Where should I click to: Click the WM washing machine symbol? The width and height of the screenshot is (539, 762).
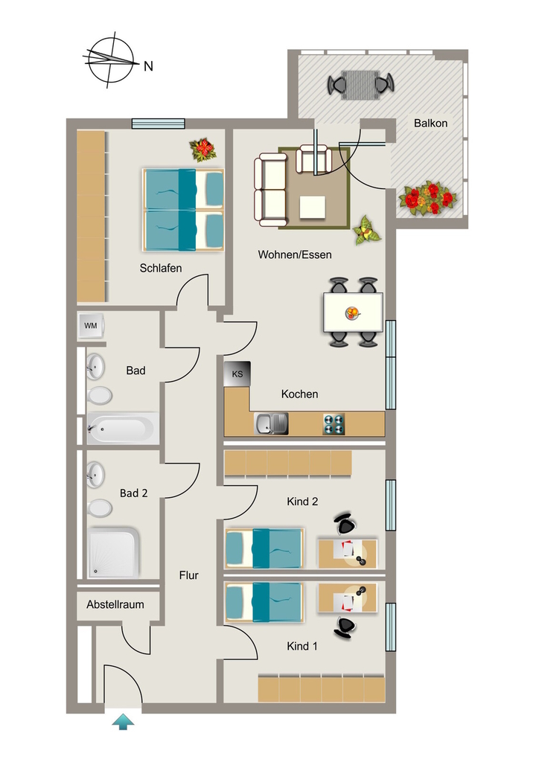point(91,325)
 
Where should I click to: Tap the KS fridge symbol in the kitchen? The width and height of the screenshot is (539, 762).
point(237,374)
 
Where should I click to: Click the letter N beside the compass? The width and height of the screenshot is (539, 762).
point(148,66)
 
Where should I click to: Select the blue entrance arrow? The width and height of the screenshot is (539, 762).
point(123,721)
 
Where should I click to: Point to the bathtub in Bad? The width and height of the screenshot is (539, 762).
point(123,429)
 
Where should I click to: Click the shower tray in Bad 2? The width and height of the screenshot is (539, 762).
point(113,553)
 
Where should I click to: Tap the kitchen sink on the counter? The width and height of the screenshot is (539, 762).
point(271,423)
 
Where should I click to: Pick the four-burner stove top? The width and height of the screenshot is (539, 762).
point(334,423)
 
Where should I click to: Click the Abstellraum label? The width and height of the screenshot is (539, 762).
point(115,604)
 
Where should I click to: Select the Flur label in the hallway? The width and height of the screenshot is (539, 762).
point(189,575)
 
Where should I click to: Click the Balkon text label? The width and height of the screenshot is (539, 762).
point(430,123)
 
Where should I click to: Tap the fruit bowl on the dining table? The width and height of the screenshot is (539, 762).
point(353,313)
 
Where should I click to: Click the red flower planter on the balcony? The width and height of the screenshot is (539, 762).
point(428,198)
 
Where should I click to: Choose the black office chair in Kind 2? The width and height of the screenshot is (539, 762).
point(345,523)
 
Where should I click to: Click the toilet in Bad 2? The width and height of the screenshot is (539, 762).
point(100,508)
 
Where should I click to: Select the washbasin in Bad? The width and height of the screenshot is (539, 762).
point(95,366)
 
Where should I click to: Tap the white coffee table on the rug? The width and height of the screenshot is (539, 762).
point(313,208)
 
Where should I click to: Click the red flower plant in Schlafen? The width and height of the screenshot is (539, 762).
point(203,150)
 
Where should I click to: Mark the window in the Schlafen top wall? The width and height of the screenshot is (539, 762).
point(159,124)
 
